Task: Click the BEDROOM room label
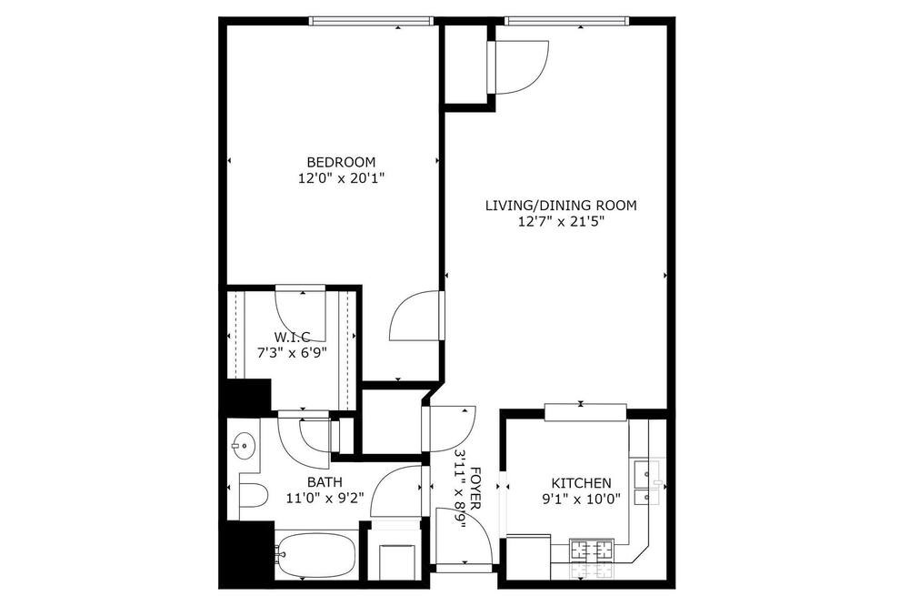click(x=341, y=162)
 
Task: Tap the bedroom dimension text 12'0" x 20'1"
click(x=342, y=178)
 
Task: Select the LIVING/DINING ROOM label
click(x=561, y=206)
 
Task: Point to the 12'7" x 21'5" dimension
click(x=562, y=221)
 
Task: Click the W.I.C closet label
click(x=292, y=337)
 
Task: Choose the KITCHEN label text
click(x=581, y=483)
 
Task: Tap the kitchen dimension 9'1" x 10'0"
click(x=581, y=499)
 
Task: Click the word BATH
click(x=325, y=481)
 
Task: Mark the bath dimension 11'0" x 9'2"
click(x=325, y=498)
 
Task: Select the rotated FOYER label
click(x=475, y=488)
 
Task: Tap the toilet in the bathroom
click(x=254, y=496)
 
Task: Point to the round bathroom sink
click(x=244, y=446)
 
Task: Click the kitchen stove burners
click(x=592, y=549)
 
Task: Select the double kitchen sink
click(x=647, y=483)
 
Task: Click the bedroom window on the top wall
click(x=371, y=22)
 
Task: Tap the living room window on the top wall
click(x=566, y=22)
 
